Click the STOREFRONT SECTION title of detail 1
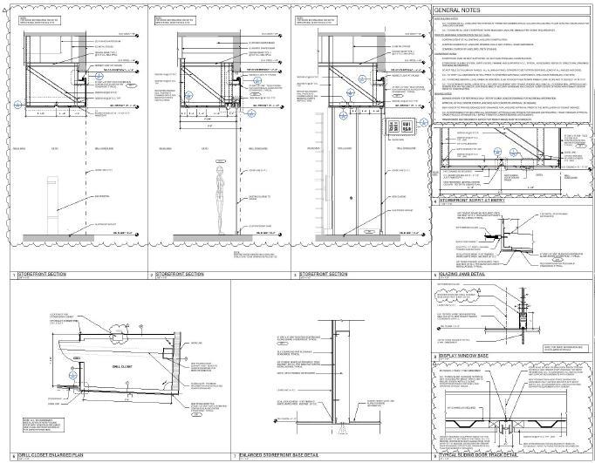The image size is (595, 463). [x=35, y=275]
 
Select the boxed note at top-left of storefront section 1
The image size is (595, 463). [x=35, y=20]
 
